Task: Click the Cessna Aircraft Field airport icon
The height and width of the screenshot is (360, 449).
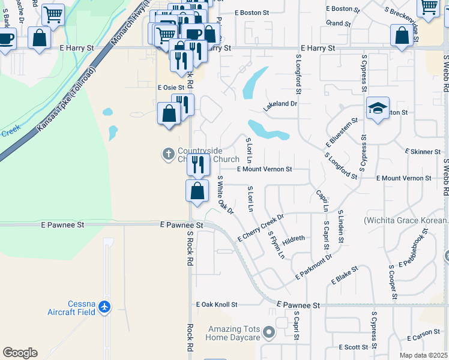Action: (105, 307)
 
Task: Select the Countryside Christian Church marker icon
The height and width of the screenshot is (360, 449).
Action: (168, 154)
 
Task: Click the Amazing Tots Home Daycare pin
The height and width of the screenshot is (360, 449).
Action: (268, 332)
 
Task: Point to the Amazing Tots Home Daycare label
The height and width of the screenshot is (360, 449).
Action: (234, 333)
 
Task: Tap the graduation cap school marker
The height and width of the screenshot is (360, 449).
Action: (378, 109)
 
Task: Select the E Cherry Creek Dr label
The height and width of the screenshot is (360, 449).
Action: (260, 227)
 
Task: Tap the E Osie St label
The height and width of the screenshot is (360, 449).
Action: (171, 88)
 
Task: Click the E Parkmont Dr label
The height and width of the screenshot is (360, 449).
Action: (313, 266)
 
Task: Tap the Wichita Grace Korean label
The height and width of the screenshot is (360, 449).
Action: (406, 220)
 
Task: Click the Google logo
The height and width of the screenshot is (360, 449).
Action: (20, 352)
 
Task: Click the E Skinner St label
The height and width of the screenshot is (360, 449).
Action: (423, 152)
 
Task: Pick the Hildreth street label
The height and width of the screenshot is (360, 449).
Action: (294, 238)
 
